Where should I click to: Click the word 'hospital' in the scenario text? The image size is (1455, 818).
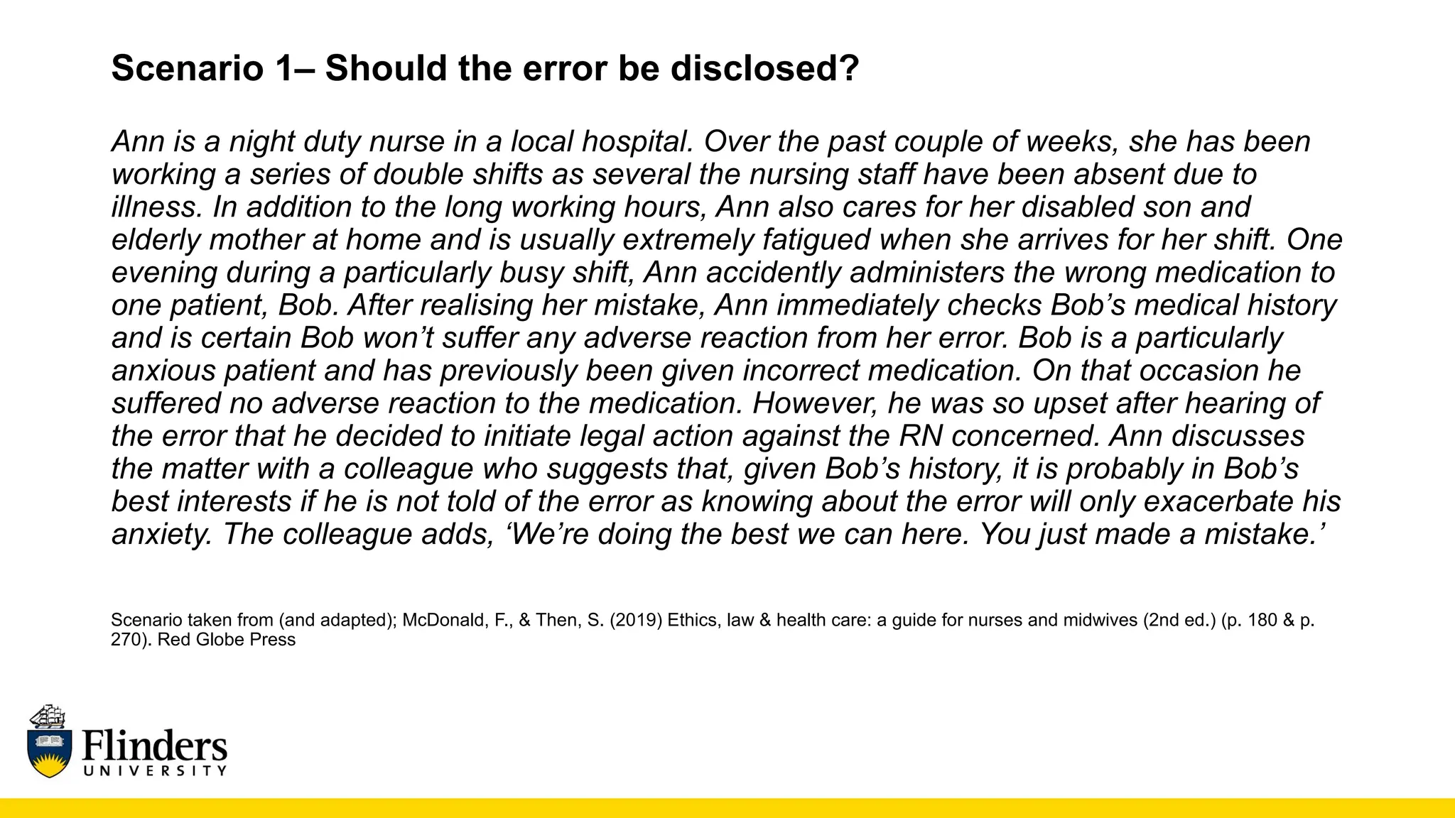[x=637, y=142]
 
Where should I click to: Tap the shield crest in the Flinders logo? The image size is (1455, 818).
[x=49, y=753]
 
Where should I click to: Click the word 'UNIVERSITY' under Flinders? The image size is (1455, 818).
[x=155, y=771]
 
